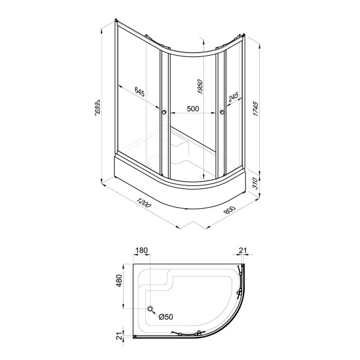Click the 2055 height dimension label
coord(98,107)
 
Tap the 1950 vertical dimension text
coord(200,87)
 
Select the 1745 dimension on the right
coord(256,108)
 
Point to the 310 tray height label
coord(256,183)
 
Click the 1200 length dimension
coord(143,202)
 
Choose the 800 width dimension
coord(230,211)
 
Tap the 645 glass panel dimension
coord(139,92)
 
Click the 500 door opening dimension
coord(193,109)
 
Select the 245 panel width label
coord(233,97)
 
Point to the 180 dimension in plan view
coord(141,250)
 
